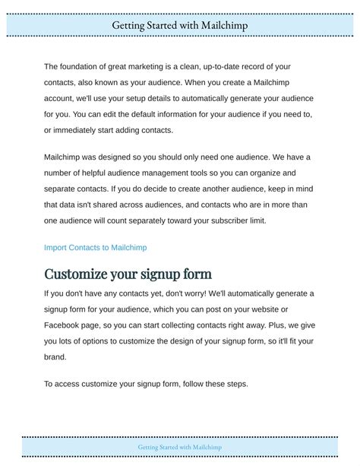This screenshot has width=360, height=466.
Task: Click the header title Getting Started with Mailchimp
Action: [180, 25]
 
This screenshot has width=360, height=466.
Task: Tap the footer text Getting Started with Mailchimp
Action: [180, 447]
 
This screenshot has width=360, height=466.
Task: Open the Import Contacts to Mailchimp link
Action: [95, 247]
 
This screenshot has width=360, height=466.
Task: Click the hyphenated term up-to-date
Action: [219, 68]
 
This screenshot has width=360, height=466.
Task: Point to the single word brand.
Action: [55, 356]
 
